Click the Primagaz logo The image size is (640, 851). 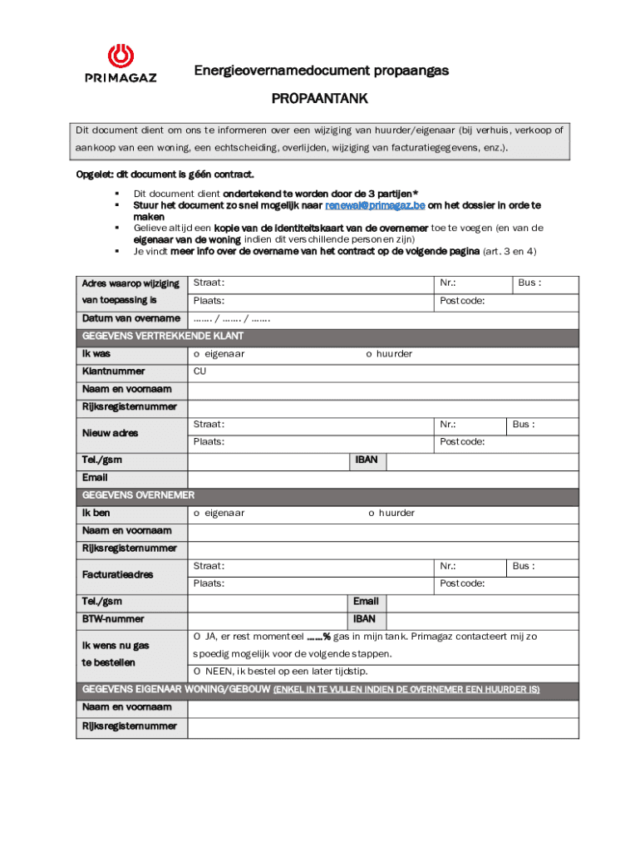pyautogui.click(x=121, y=64)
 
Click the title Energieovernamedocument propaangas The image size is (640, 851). pyautogui.click(x=321, y=71)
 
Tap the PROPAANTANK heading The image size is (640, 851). pyautogui.click(x=320, y=100)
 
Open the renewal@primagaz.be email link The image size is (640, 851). pyautogui.click(x=374, y=204)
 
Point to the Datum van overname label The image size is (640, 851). pyautogui.click(x=130, y=319)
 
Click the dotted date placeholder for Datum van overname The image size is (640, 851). pyautogui.click(x=232, y=319)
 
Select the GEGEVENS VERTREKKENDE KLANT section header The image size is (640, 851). pyautogui.click(x=162, y=337)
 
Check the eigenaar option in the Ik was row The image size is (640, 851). pyautogui.click(x=198, y=354)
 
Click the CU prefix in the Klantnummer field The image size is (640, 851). pyautogui.click(x=199, y=371)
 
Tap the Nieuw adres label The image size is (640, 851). pyautogui.click(x=110, y=433)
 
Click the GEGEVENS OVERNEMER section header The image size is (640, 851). pyautogui.click(x=138, y=495)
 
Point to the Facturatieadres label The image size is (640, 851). pyautogui.click(x=117, y=574)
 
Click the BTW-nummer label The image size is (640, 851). pyautogui.click(x=112, y=619)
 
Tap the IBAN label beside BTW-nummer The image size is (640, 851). pyautogui.click(x=364, y=619)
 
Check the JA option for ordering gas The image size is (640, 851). pyautogui.click(x=199, y=637)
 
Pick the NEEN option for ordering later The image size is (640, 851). pyautogui.click(x=199, y=671)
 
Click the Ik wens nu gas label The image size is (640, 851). pyautogui.click(x=115, y=645)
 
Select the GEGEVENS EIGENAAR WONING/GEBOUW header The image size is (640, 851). pyautogui.click(x=176, y=690)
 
